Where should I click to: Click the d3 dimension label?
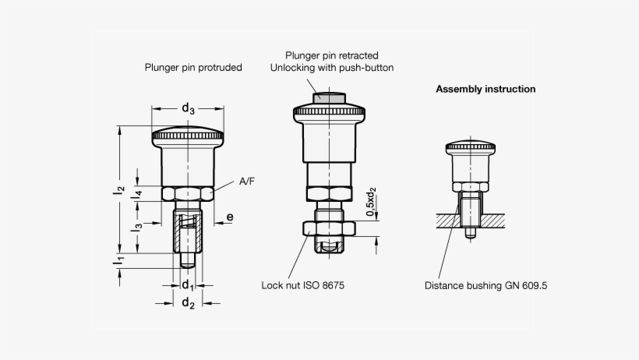coord(188,109)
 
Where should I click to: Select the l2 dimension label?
coord(118,190)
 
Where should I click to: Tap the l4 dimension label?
coord(136,195)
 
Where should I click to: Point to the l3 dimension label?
coord(136,228)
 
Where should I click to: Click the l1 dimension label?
coord(118,259)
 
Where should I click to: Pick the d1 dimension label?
coord(188,284)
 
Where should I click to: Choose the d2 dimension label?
coord(188,303)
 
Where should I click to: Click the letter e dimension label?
coord(230,217)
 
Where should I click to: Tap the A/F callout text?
coord(247,181)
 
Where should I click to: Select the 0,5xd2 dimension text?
coord(371,202)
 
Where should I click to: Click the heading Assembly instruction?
coord(485,89)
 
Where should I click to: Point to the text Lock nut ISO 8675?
coord(303,285)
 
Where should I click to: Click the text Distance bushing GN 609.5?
coord(485,285)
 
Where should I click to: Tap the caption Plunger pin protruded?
coord(193,67)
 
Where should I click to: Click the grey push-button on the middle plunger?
coord(330,98)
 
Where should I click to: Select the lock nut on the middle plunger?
coord(330,228)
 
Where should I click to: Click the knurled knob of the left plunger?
coord(188,136)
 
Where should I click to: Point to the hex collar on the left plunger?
coord(188,194)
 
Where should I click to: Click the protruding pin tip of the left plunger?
coord(188,260)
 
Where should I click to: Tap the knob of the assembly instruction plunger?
coord(471,147)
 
